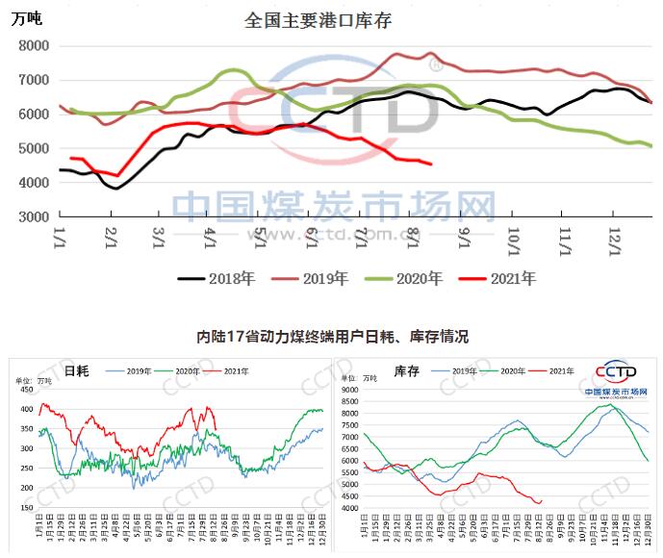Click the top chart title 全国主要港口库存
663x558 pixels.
318,19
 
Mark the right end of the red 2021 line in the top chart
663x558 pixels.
430,165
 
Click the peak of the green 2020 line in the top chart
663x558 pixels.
234,69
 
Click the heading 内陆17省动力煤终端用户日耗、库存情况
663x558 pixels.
331,337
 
